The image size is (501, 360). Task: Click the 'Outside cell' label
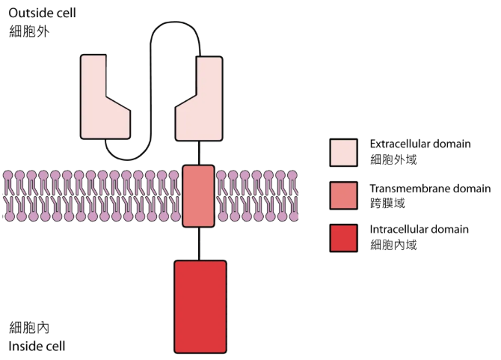[x=42, y=13]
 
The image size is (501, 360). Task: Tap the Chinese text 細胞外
[x=29, y=33]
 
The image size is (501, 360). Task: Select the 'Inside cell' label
[x=37, y=346]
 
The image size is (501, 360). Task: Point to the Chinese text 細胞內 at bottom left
[x=29, y=327]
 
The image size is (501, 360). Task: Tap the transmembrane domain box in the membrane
[x=198, y=195]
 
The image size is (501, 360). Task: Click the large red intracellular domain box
[x=200, y=305]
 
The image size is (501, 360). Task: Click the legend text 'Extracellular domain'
[x=420, y=144]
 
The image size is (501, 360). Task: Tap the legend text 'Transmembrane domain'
[x=430, y=188]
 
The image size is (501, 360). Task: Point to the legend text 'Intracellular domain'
[x=419, y=229]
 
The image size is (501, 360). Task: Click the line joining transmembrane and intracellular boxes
[x=199, y=243]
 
